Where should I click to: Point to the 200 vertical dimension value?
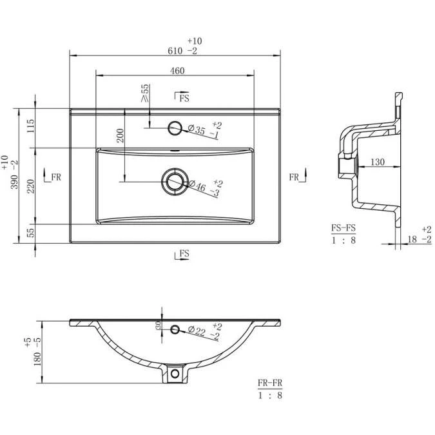point(121,135)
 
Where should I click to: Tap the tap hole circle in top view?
point(174,128)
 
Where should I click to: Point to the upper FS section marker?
point(182,98)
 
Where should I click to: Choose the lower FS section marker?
point(182,254)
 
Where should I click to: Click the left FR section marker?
point(52,177)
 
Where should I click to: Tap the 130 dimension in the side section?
point(378,162)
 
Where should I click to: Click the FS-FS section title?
point(343,227)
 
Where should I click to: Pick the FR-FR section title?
point(270,383)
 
